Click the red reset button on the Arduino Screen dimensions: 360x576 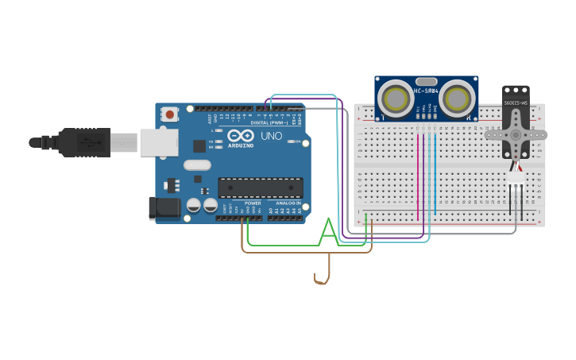pyautogui.click(x=169, y=114)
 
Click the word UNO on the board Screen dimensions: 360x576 pyautogui.click(x=272, y=136)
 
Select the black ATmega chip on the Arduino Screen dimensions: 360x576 pyautogui.click(x=261, y=188)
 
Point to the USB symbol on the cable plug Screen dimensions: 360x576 pyautogui.click(x=90, y=142)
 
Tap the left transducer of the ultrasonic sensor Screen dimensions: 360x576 pyautogui.click(x=395, y=99)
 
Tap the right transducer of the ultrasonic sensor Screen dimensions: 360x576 pyautogui.click(x=458, y=99)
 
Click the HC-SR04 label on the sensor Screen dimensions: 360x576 pyautogui.click(x=426, y=90)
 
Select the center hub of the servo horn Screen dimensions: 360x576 pyautogui.click(x=517, y=134)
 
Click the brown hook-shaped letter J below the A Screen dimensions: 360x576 pyautogui.click(x=323, y=270)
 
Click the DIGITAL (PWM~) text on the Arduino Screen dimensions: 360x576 pyautogui.click(x=269, y=123)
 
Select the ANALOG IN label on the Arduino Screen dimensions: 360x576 pyautogui.click(x=288, y=203)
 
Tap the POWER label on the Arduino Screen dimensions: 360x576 pyautogui.click(x=253, y=203)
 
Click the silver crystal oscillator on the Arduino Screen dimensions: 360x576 pyautogui.click(x=197, y=165)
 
